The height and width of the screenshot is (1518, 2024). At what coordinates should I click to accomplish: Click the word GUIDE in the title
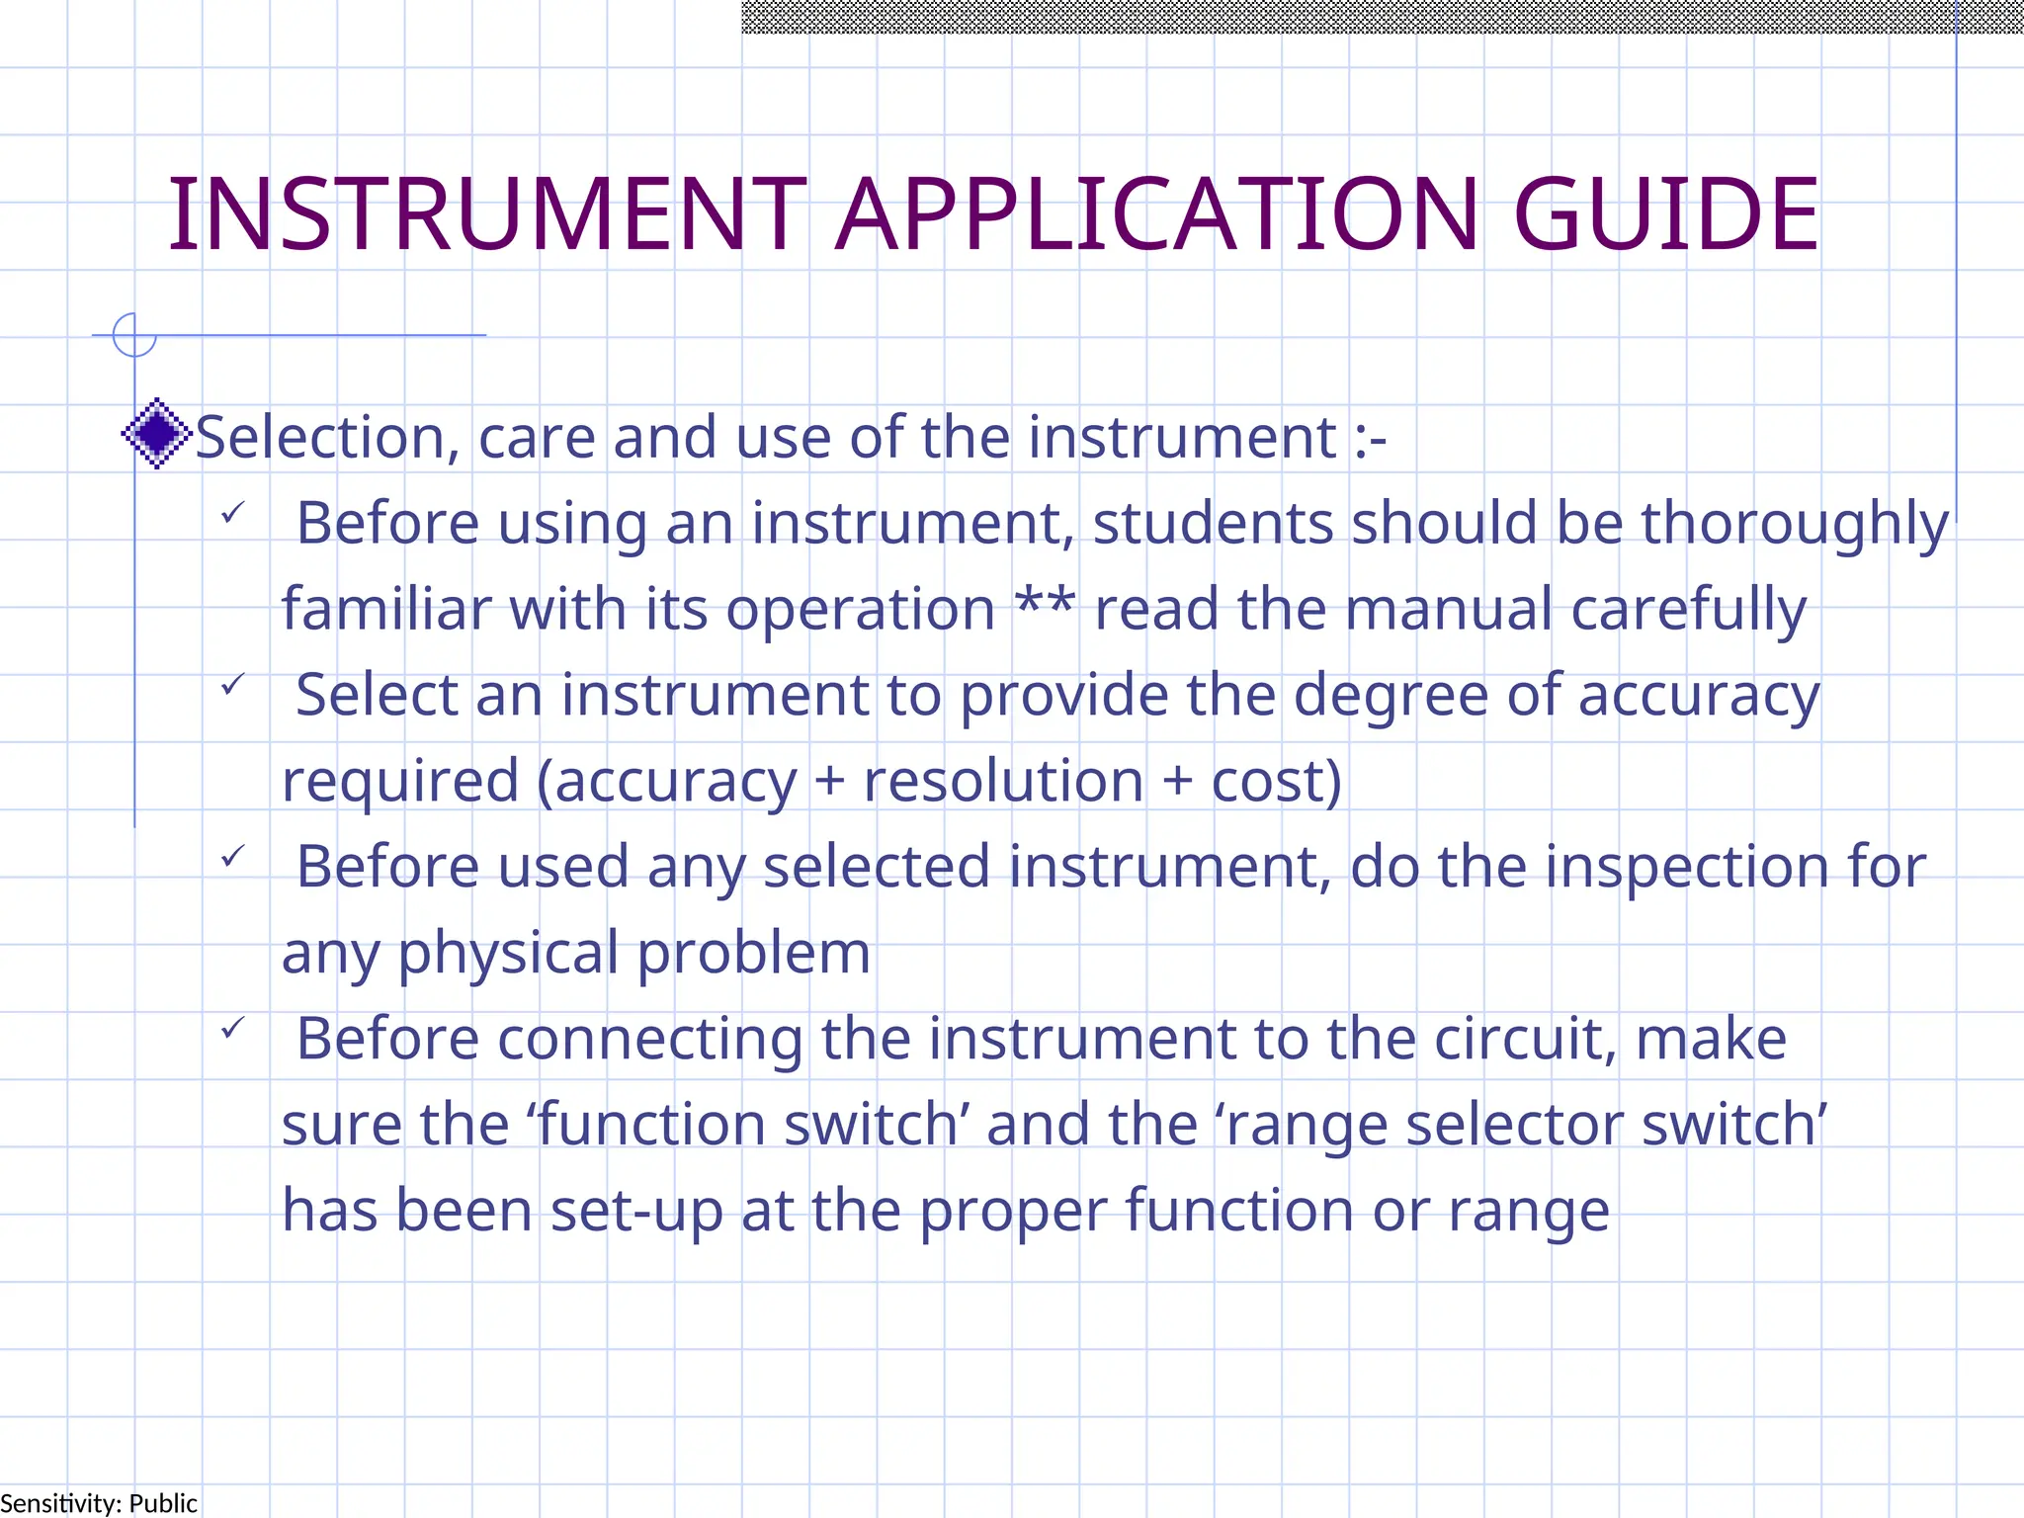point(1665,214)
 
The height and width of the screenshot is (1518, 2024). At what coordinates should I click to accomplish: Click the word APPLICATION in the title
point(1157,214)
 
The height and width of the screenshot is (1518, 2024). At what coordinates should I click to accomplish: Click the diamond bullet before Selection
point(156,433)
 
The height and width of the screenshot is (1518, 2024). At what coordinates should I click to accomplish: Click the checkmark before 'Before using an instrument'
point(233,513)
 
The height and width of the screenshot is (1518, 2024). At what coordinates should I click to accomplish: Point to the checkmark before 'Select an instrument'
point(233,684)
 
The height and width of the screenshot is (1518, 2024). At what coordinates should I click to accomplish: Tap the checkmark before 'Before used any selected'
point(233,856)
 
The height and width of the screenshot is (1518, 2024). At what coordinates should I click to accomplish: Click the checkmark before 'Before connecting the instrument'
point(233,1028)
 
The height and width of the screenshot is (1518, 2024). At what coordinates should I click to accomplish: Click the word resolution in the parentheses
point(1003,781)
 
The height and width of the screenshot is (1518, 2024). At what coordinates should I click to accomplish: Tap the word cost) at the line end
point(1277,781)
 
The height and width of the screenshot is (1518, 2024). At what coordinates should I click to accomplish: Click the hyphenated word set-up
point(637,1212)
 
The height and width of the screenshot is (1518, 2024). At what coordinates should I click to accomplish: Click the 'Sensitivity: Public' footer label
point(99,1503)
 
